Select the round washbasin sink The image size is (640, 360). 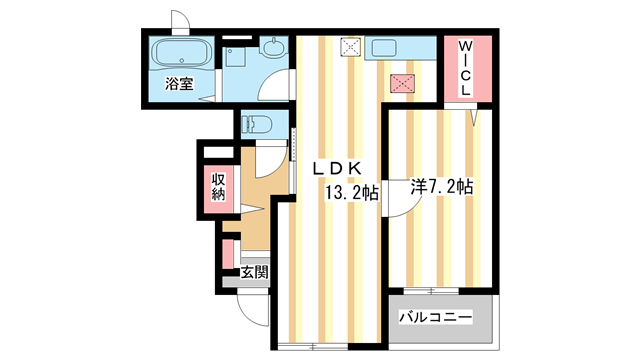(x=272, y=47)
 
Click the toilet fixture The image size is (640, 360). (x=257, y=126)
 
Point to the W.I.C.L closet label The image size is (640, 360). (x=466, y=68)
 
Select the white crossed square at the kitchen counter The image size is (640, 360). (x=350, y=45)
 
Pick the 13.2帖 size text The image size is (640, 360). (x=349, y=193)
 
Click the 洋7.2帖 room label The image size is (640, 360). (x=442, y=187)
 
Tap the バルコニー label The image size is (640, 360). (x=436, y=318)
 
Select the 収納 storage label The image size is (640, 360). (x=219, y=186)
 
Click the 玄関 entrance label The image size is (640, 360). (x=254, y=271)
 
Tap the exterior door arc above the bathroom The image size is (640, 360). (x=180, y=21)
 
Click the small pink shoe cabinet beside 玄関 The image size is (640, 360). (x=228, y=254)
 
